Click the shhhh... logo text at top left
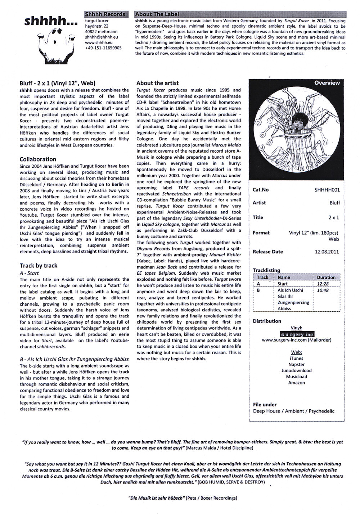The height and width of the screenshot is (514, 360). [x=51, y=22]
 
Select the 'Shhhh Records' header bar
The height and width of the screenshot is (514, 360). [x=105, y=14]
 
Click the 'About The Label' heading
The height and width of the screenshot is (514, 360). [x=157, y=14]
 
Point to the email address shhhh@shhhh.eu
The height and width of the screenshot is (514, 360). [x=100, y=37]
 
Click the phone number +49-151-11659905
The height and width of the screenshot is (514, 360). [x=103, y=48]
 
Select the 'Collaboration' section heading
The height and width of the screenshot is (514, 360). [x=38, y=159]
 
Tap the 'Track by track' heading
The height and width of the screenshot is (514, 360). [x=39, y=266]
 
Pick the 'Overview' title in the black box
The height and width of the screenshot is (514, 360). [x=327, y=83]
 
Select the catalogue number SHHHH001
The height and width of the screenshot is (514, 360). [x=327, y=190]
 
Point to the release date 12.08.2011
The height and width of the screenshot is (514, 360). [x=327, y=252]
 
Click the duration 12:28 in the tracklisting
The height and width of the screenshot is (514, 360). [x=323, y=284]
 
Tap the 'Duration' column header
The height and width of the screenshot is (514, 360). [x=326, y=278]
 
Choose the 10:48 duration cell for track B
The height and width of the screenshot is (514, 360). [x=323, y=290]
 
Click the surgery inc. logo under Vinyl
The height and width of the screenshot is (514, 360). [x=297, y=334]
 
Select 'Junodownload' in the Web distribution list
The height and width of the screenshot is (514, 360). [x=297, y=370]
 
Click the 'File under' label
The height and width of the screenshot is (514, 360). [x=265, y=405]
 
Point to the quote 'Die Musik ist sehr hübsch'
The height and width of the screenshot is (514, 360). [x=157, y=498]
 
